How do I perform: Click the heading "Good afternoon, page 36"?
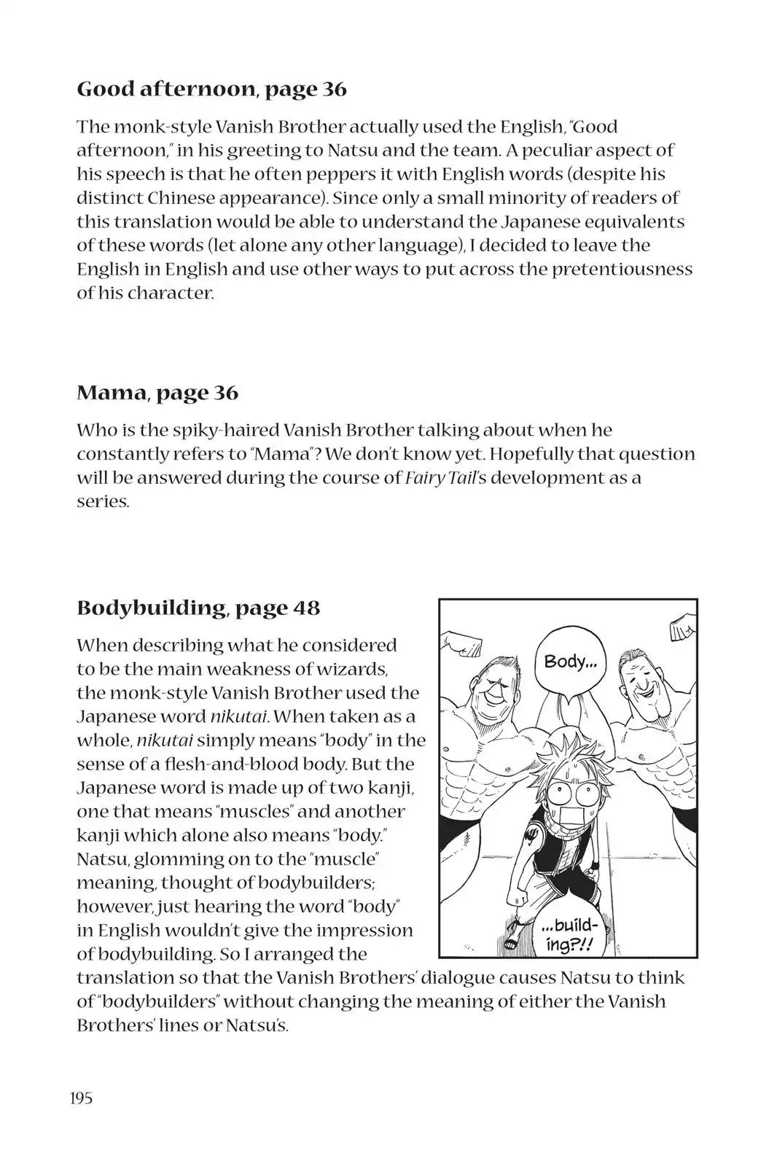click(x=211, y=90)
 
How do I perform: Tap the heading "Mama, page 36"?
click(x=157, y=393)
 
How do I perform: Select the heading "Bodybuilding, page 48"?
click(x=198, y=608)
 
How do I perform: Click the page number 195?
click(x=82, y=1098)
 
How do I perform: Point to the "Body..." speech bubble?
click(x=571, y=662)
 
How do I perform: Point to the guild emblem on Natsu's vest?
click(x=541, y=832)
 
